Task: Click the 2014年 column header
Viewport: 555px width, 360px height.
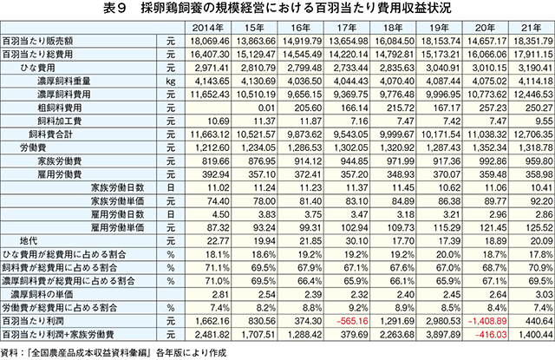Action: coord(208,28)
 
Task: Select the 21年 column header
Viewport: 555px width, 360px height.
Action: coord(532,28)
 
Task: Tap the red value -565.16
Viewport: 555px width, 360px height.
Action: coord(352,321)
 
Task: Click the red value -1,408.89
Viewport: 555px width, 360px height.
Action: coord(487,321)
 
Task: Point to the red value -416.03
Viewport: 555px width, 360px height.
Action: coord(491,335)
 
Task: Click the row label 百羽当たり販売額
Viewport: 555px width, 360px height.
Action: coord(37,41)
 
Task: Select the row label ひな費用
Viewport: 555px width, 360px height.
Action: coord(37,68)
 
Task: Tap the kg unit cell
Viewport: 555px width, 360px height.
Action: coord(171,81)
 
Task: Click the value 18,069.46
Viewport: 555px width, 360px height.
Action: coord(210,41)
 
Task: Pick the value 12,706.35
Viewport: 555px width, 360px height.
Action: coord(532,134)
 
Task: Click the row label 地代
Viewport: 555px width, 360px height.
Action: coord(29,241)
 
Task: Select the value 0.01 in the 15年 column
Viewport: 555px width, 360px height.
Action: coord(267,108)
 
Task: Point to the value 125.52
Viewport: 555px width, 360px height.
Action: coord(539,227)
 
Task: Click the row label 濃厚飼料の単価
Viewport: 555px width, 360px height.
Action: coord(42,295)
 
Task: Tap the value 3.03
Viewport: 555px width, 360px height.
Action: coord(544,295)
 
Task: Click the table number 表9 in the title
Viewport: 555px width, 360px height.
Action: coord(114,8)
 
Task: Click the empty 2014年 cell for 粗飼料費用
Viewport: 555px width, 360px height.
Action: coord(208,108)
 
